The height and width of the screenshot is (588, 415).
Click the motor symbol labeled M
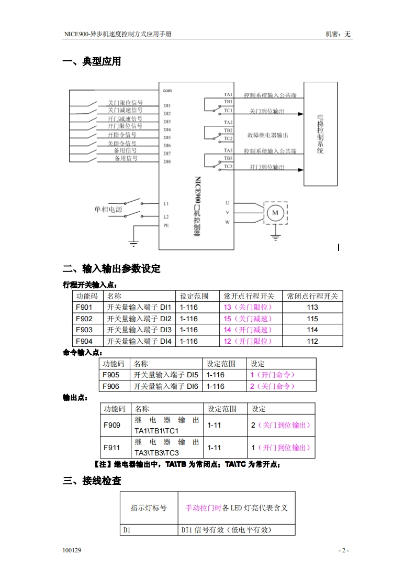click(x=275, y=212)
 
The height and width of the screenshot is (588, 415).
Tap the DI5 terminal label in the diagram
click(x=167, y=137)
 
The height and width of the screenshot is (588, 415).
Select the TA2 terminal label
click(x=228, y=123)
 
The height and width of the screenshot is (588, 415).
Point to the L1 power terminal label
click(x=166, y=203)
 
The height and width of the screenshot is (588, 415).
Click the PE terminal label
click(x=166, y=225)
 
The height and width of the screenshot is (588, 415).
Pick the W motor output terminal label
click(x=228, y=222)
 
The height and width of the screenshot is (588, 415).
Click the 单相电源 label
click(x=108, y=210)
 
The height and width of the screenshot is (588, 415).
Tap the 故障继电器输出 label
click(x=268, y=135)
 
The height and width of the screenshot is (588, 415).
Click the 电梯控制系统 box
click(x=320, y=134)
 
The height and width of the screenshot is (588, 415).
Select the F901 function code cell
click(x=84, y=307)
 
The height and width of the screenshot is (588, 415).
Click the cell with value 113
click(x=312, y=307)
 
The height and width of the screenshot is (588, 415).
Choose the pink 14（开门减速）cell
click(x=248, y=330)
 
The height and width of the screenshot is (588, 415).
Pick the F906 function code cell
click(x=111, y=386)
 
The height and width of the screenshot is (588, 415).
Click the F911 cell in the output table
click(x=112, y=448)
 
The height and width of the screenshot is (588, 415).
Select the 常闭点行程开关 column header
click(x=312, y=296)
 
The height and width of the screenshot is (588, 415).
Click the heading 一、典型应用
click(x=92, y=62)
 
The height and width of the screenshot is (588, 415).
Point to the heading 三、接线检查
click(x=92, y=481)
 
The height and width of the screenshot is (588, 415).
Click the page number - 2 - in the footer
click(x=343, y=550)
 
